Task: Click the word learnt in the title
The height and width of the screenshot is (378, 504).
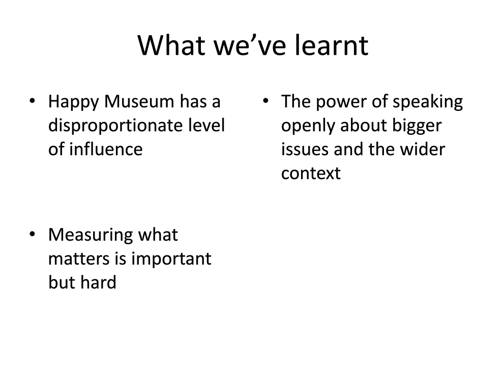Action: pyautogui.click(x=332, y=45)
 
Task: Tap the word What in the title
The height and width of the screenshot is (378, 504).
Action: pyautogui.click(x=171, y=45)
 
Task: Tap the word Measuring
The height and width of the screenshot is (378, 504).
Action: pyautogui.click(x=91, y=236)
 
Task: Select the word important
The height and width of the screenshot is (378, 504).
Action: pyautogui.click(x=171, y=259)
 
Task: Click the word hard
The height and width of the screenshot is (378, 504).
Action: pyautogui.click(x=98, y=282)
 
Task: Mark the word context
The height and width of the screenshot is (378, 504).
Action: pyautogui.click(x=311, y=174)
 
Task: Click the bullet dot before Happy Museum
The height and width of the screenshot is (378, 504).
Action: pyautogui.click(x=32, y=101)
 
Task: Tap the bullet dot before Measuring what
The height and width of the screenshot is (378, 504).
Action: pyautogui.click(x=32, y=235)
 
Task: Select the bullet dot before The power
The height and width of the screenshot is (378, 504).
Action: pyautogui.click(x=265, y=101)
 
